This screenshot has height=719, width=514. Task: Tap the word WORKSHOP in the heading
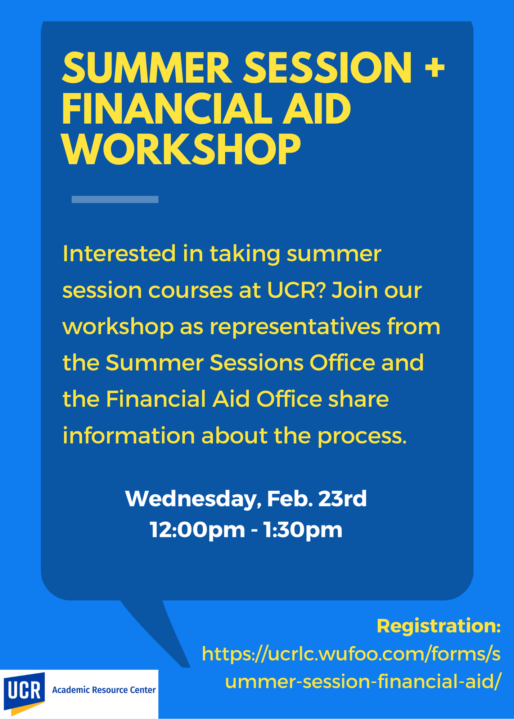pos(181,150)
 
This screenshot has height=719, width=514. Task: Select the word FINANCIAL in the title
pos(167,109)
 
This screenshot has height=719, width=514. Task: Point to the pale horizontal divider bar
pos(115,200)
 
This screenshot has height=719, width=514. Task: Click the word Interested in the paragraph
pos(119,253)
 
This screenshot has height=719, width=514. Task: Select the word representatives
pos(295,327)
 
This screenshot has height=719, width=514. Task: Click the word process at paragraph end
pos(362,436)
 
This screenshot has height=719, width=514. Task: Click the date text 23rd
pos(342,498)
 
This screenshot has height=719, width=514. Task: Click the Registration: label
pos(439,626)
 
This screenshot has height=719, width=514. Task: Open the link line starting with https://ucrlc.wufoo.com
pos(351,654)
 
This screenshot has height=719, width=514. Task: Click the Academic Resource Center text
pos(104,690)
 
